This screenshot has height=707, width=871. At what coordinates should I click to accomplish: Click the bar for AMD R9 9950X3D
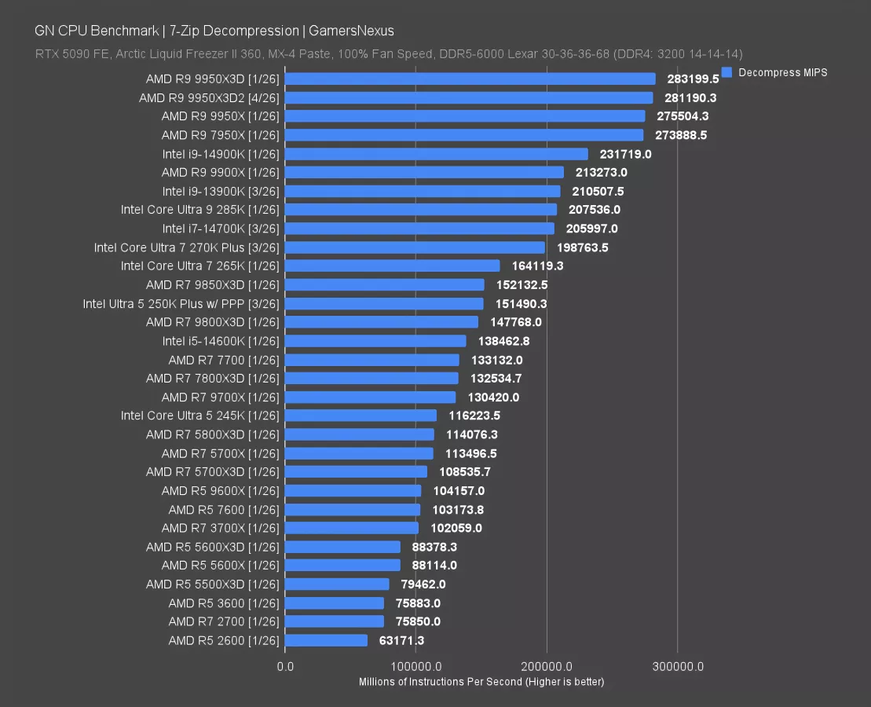click(470, 79)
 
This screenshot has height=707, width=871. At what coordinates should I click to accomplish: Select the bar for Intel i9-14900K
click(436, 154)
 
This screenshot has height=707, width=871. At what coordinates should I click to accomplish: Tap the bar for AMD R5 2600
click(326, 640)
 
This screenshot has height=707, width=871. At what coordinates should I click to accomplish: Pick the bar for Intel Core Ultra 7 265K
click(392, 266)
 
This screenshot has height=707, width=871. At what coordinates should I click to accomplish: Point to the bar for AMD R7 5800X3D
click(359, 434)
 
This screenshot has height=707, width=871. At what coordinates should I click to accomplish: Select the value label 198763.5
click(582, 247)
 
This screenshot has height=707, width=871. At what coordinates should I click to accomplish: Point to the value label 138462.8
click(501, 341)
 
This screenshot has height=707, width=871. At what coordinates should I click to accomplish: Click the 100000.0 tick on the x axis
click(416, 667)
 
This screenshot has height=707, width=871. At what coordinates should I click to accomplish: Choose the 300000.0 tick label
click(678, 667)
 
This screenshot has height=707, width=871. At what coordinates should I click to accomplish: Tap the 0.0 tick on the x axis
click(286, 667)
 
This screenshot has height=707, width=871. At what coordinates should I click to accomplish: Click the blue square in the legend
click(726, 72)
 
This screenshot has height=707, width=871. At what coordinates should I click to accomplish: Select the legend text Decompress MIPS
click(783, 72)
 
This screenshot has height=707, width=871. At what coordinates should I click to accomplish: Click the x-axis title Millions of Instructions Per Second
click(440, 681)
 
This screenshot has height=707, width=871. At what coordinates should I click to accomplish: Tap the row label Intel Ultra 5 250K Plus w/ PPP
click(181, 303)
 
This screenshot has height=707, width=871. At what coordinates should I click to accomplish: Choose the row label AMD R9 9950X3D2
click(209, 98)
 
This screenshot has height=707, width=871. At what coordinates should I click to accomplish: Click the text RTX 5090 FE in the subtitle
click(68, 53)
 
